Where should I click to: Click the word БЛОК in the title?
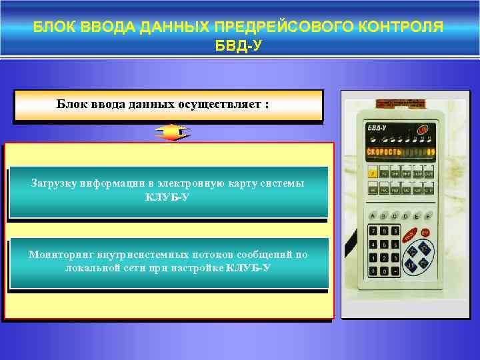pyautogui.click(x=55, y=27)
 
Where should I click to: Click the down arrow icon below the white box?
pyautogui.click(x=172, y=133)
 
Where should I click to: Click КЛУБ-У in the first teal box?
pyautogui.click(x=168, y=198)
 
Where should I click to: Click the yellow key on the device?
pyautogui.click(x=372, y=174)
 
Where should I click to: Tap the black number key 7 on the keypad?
pyautogui.click(x=372, y=230)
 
